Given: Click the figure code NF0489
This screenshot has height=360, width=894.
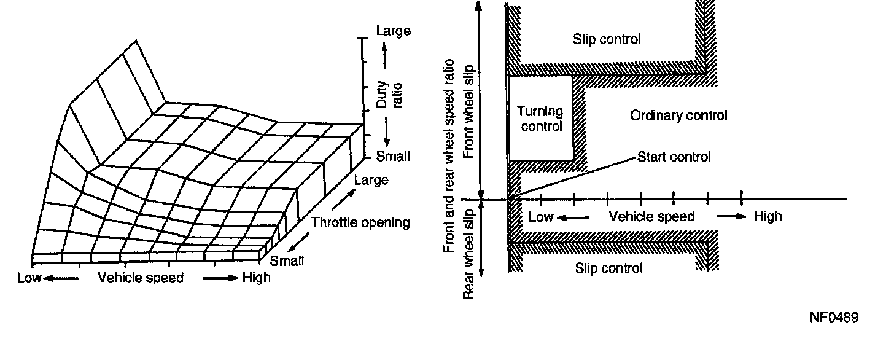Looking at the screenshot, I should point(833,318).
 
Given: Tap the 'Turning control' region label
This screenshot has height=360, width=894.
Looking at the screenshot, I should point(540,119).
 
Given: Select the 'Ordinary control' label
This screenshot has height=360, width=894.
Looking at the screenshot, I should point(678,115).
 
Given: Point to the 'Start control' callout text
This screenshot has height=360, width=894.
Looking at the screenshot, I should point(674,157).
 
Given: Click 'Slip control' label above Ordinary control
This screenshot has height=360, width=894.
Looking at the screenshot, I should point(607,39).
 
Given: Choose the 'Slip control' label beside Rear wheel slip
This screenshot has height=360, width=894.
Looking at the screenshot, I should point(608,268).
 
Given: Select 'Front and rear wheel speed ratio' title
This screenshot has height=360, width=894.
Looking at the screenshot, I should point(449,155).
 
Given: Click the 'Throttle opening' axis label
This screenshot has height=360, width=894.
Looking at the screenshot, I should point(360,222).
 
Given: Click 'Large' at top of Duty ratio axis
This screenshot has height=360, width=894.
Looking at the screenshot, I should point(393,31).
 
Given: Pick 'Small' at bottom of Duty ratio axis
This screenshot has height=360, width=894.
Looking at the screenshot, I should point(392,156).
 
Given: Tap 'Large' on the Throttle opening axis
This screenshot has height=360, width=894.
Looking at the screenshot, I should point(371,180).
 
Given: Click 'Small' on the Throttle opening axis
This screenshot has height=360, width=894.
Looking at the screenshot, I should point(287,260).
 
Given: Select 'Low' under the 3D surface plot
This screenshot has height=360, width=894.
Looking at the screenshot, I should point(29,278).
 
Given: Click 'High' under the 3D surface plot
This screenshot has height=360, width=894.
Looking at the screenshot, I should point(256,278).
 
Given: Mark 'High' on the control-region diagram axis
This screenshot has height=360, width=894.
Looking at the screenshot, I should point(768,216).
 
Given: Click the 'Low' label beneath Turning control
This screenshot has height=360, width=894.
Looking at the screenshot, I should point(541,216).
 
